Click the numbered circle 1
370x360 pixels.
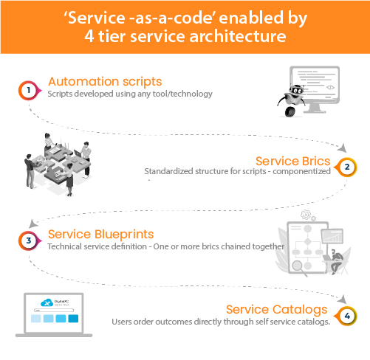(27, 89)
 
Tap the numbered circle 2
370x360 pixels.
(346, 167)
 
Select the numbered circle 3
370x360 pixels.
(27, 240)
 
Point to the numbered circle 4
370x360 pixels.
(346, 316)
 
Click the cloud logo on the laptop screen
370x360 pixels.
(49, 302)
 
